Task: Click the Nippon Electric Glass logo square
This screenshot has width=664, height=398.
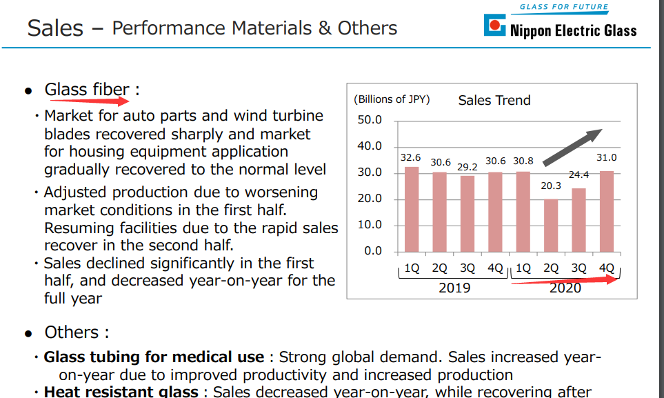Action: click(494, 27)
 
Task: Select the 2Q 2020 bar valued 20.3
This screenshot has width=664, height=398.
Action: click(550, 225)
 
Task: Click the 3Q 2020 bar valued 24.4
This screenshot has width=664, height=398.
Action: click(579, 220)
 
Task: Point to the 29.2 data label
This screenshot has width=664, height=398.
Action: click(468, 167)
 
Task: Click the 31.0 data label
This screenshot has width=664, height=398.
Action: click(607, 158)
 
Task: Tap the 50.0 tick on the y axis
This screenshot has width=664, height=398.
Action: click(369, 120)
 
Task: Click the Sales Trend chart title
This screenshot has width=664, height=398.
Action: click(494, 100)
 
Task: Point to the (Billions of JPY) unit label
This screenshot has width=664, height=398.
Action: click(392, 99)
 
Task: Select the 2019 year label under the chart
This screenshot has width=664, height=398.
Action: click(454, 287)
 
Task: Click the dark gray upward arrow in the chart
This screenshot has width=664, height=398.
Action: click(572, 147)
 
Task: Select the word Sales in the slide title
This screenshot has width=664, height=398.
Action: click(55, 28)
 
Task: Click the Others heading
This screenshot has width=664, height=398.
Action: click(77, 332)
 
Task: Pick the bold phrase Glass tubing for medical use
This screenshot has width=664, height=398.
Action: click(154, 357)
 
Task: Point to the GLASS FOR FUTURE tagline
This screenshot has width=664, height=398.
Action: click(563, 7)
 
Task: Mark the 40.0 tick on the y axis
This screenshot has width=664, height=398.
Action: click(369, 146)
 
